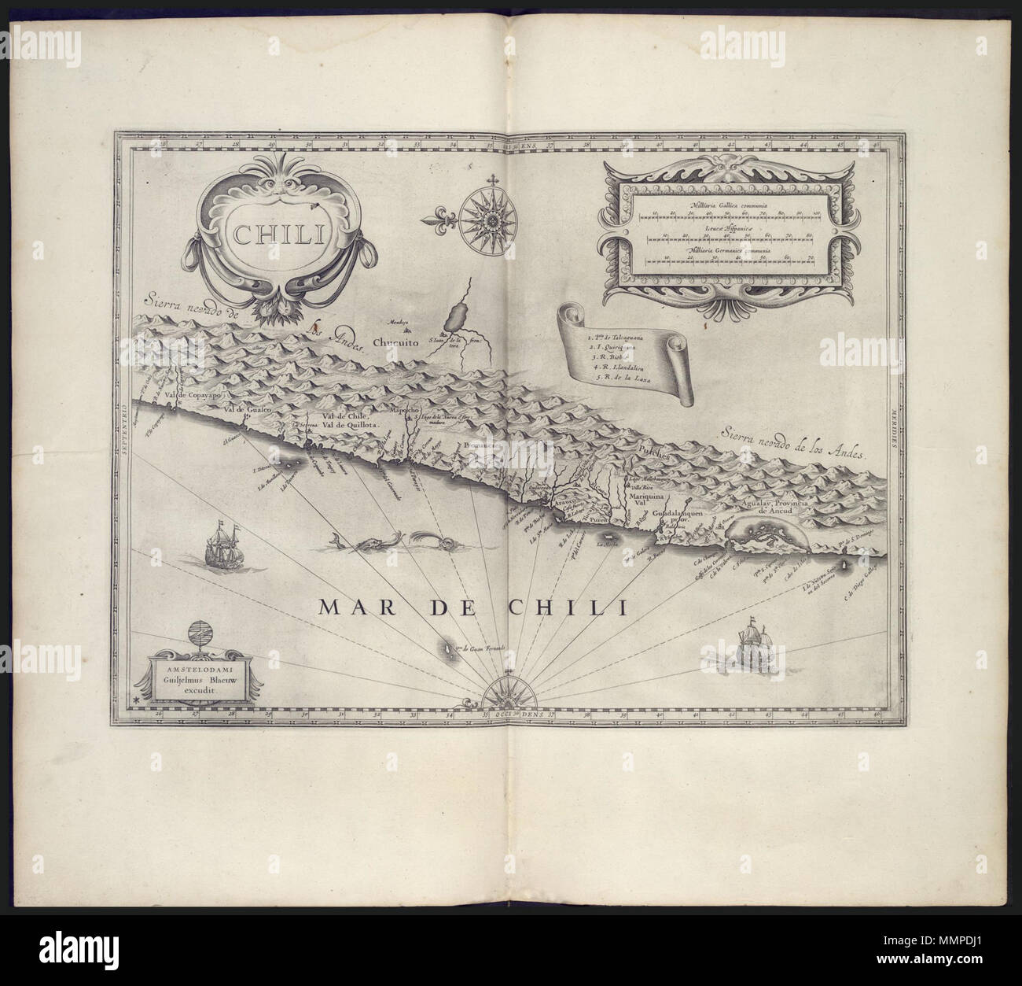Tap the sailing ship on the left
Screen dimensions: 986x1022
[220, 547]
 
